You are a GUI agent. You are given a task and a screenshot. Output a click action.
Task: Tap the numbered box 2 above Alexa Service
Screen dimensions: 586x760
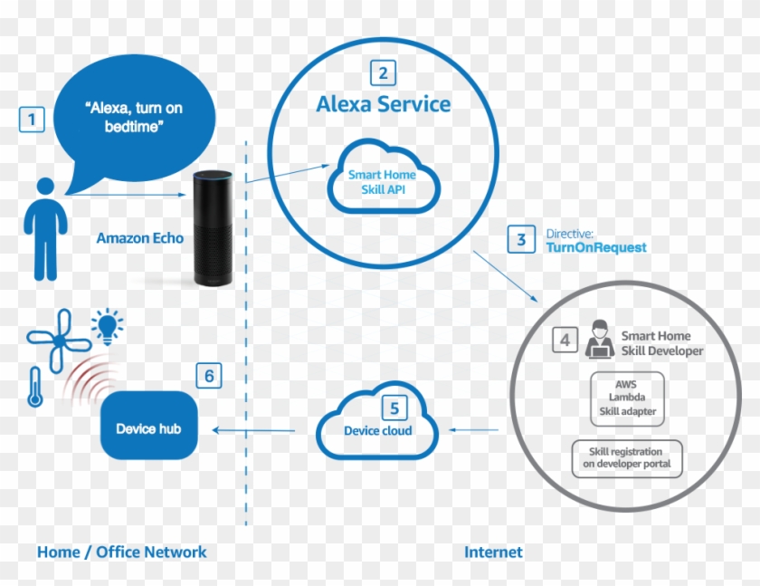[384, 72]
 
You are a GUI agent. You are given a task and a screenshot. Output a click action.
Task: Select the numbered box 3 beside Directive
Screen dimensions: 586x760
[521, 240]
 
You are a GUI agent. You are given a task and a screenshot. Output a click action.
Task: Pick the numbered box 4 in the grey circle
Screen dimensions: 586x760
[565, 341]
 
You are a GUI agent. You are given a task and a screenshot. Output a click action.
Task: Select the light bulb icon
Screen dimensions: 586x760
[109, 325]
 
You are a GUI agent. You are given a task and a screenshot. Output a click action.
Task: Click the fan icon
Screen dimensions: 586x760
[58, 341]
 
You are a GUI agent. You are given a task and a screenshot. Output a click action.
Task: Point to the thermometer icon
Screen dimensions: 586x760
[35, 386]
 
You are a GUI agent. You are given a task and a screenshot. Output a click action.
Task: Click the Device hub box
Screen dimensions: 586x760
[148, 428]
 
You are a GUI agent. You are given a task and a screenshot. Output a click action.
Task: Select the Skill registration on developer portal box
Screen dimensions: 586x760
[626, 458]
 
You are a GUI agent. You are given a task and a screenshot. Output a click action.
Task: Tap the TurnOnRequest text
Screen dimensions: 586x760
[596, 247]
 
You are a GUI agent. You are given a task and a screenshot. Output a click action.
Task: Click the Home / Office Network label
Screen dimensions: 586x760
[121, 552]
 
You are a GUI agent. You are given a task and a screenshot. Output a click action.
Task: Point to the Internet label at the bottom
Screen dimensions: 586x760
[493, 552]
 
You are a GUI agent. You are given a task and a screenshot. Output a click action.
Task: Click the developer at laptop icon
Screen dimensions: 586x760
[598, 340]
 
